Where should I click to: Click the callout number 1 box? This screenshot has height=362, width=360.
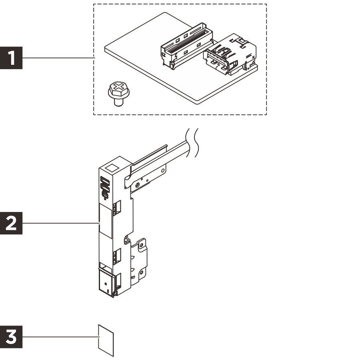(12, 58)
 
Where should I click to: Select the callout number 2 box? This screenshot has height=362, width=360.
(12, 223)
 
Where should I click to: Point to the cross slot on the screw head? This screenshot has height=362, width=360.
(118, 87)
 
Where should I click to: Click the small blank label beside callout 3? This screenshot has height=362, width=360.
(106, 340)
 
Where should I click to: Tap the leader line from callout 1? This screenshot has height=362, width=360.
(58, 58)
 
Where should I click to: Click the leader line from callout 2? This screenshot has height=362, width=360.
(60, 223)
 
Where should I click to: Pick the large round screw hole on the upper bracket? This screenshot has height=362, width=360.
(138, 185)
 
